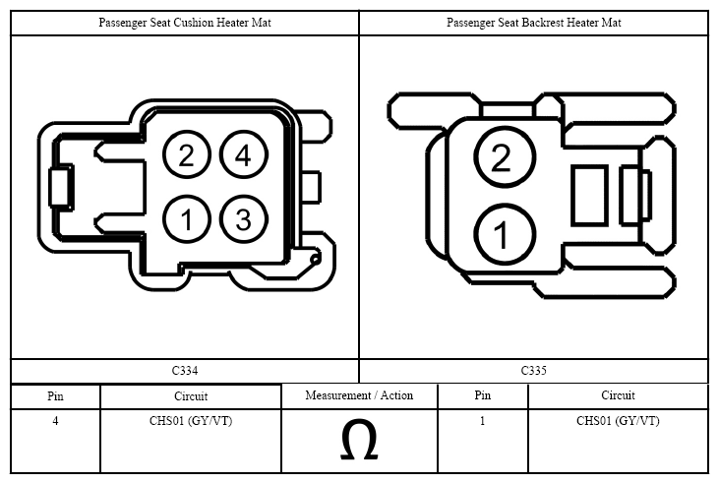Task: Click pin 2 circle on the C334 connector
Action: click(186, 154)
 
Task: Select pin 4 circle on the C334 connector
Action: click(244, 154)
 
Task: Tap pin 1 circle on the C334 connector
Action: click(186, 218)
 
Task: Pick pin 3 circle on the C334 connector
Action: click(244, 218)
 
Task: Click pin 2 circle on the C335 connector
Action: click(505, 156)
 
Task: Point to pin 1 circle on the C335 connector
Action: click(505, 234)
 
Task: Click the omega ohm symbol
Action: click(359, 440)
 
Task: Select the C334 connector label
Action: click(185, 371)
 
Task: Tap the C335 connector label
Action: click(534, 371)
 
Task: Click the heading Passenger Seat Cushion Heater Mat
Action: click(185, 23)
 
